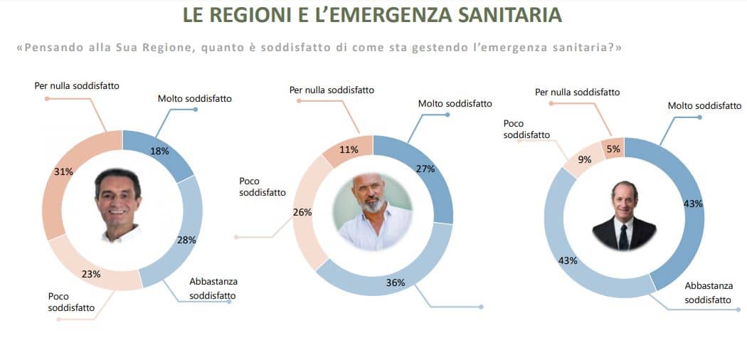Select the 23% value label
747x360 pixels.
(92, 273)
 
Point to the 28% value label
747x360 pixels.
(186, 240)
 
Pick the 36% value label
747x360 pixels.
(396, 282)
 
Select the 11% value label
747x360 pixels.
(348, 150)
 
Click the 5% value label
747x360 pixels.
(613, 149)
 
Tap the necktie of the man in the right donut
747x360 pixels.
(623, 236)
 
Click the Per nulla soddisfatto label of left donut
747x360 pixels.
(77, 85)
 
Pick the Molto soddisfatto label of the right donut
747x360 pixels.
(704, 105)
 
